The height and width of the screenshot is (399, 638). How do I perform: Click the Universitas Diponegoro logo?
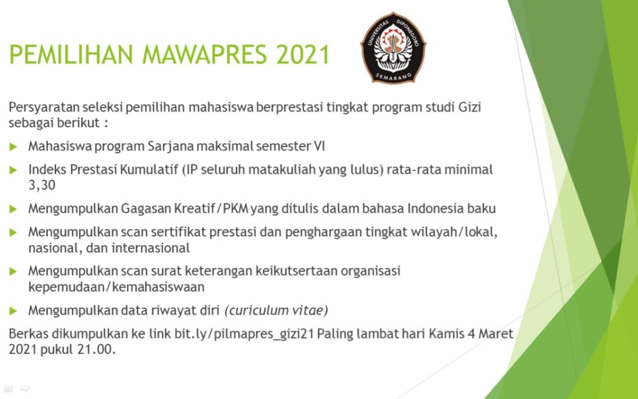[x=393, y=48]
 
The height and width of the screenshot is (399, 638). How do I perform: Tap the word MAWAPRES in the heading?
[x=204, y=54]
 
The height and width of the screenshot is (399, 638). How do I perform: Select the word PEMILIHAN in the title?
[x=71, y=54]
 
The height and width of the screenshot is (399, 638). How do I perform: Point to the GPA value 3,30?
[x=41, y=185]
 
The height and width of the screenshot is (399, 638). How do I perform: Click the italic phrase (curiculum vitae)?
[x=276, y=311]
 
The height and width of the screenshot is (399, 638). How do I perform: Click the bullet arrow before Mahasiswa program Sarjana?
[x=13, y=147]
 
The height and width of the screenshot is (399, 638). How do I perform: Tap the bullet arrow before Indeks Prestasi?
[x=13, y=170]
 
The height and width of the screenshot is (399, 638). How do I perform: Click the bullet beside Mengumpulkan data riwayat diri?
[x=13, y=311]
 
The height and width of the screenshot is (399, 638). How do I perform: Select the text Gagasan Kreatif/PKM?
[x=184, y=209]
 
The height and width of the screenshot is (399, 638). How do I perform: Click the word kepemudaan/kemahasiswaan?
[x=116, y=287]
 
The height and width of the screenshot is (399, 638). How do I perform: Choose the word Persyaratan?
[x=44, y=108]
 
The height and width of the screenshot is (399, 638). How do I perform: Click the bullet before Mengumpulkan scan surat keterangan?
[x=13, y=271]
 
